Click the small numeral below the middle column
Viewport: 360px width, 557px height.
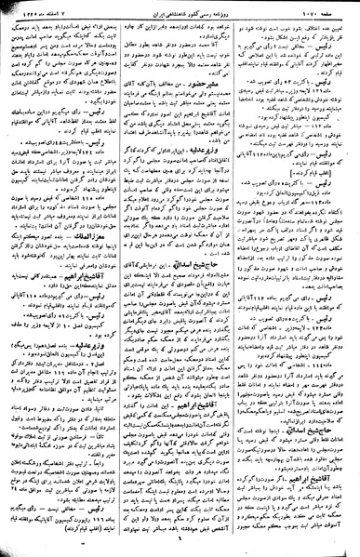click(180, 550)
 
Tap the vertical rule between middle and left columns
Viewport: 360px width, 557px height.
click(121, 279)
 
